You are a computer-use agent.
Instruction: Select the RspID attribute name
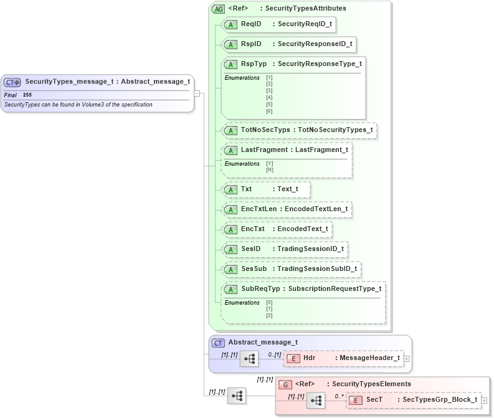[251, 44]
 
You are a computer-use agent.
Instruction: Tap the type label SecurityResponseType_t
[319, 64]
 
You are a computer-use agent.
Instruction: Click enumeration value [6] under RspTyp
[269, 111]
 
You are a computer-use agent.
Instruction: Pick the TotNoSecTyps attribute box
[300, 130]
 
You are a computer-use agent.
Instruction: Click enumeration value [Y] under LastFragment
[269, 163]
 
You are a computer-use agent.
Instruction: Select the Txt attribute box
[266, 189]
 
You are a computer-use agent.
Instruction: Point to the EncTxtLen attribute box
[287, 209]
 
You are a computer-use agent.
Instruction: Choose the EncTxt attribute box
[277, 229]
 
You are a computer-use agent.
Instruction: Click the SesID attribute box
[284, 249]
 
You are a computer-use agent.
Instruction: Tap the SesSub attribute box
[292, 269]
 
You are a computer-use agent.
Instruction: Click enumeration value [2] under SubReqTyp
[269, 315]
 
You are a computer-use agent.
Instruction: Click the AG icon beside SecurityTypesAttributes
[218, 9]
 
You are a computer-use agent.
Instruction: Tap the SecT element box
[414, 400]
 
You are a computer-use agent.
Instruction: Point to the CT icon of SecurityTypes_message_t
[12, 82]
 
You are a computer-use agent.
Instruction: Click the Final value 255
[27, 95]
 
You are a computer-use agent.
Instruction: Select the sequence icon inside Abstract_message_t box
[249, 359]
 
